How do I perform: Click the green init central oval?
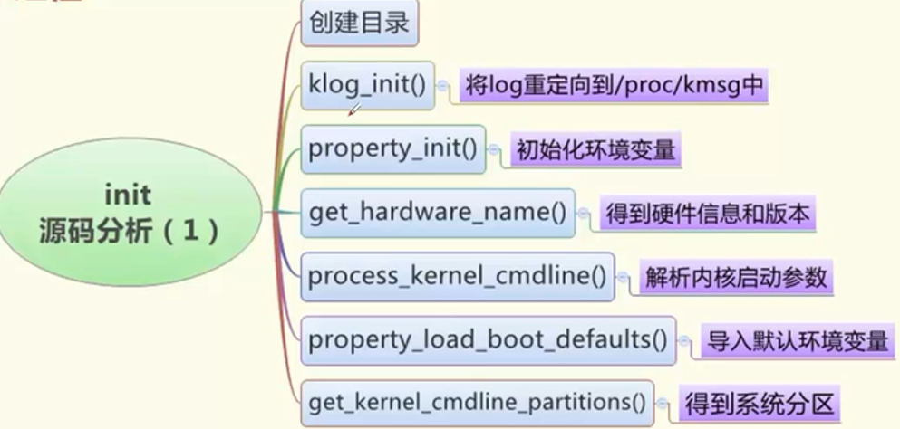[127, 214]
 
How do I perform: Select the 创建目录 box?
[360, 24]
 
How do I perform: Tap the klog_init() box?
[367, 87]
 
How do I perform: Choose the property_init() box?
[392, 149]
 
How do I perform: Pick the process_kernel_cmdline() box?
[457, 277]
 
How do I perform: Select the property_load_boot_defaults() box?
[488, 341]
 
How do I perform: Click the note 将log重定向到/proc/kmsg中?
[615, 87]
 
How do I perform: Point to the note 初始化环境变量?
[595, 150]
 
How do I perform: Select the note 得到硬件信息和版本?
[706, 214]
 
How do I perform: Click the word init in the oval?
[128, 195]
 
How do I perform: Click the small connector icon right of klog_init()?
[442, 88]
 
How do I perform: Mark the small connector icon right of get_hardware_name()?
[584, 214]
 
